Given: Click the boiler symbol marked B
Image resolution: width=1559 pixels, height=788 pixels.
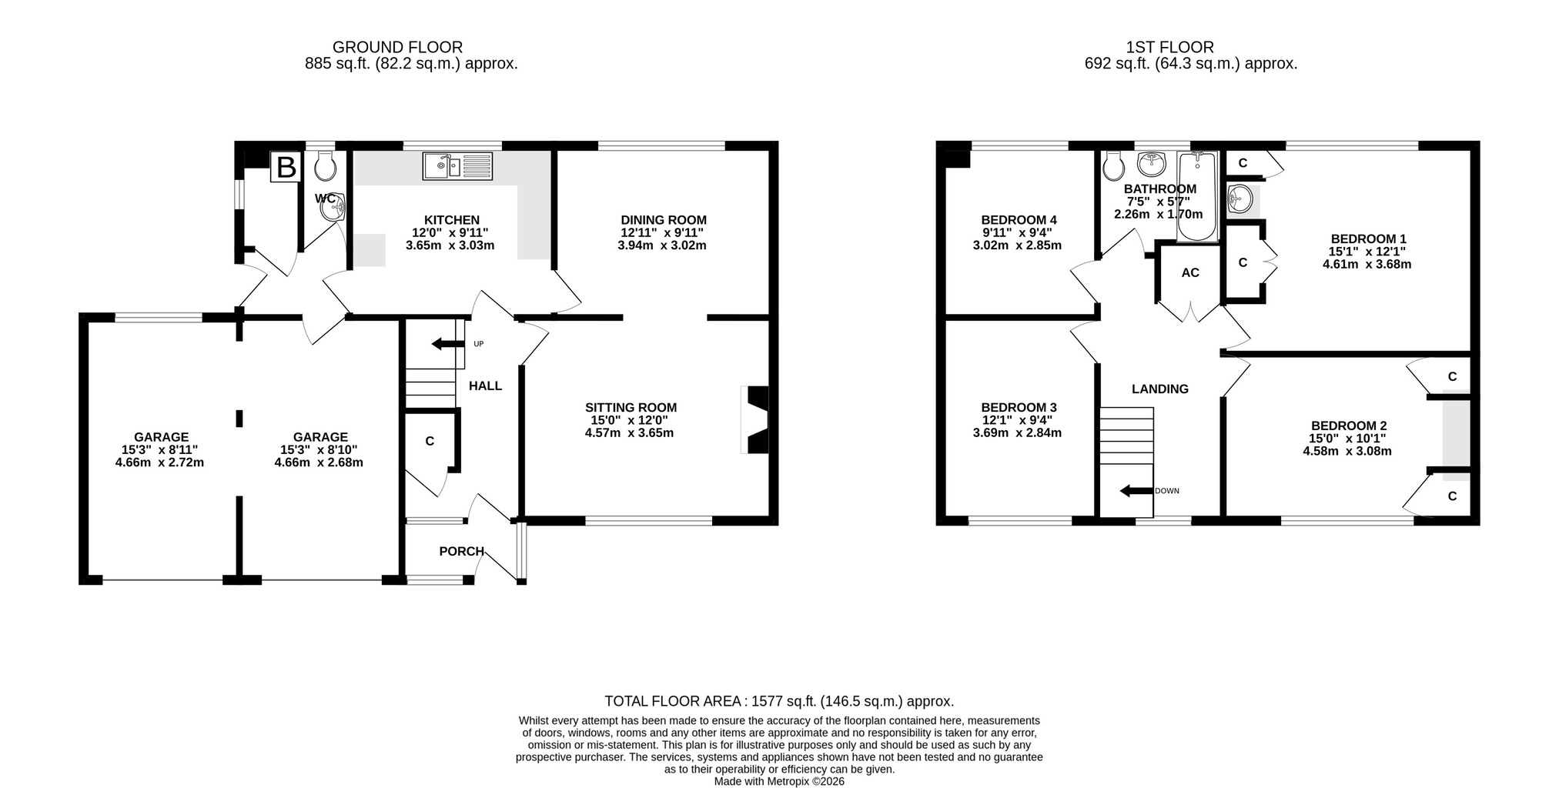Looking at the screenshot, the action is pos(286,167).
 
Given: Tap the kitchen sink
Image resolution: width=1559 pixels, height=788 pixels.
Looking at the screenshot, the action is pos(457,166).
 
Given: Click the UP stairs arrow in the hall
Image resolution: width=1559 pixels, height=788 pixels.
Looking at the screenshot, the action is pos(448,343).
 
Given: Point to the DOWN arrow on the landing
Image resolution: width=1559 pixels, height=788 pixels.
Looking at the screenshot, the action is pos(1136,491).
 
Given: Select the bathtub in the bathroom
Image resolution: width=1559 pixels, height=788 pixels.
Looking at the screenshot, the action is pos(1197,197).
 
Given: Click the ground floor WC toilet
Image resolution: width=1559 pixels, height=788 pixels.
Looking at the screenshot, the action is pos(326,165).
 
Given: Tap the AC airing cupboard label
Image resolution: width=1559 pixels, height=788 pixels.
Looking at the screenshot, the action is pos(1190,272).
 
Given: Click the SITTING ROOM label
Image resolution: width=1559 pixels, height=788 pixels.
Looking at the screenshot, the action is pos(631,408).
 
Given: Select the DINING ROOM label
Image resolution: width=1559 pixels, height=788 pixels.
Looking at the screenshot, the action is pos(664,220).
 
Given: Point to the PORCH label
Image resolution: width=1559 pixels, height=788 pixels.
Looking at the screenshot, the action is pos(462,551).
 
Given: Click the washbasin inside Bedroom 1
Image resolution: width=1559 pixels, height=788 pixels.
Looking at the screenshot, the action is pos(1240,199).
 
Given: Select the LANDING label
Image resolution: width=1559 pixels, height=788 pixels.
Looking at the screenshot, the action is pos(1159,389).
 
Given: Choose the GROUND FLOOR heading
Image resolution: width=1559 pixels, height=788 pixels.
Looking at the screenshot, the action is pos(397,48).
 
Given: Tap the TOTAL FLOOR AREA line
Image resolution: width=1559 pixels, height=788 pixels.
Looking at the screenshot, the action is pos(779,701).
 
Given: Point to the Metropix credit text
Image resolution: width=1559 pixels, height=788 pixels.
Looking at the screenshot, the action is pos(779,781).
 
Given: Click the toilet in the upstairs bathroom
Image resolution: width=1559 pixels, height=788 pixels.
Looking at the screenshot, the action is pos(1112,165).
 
